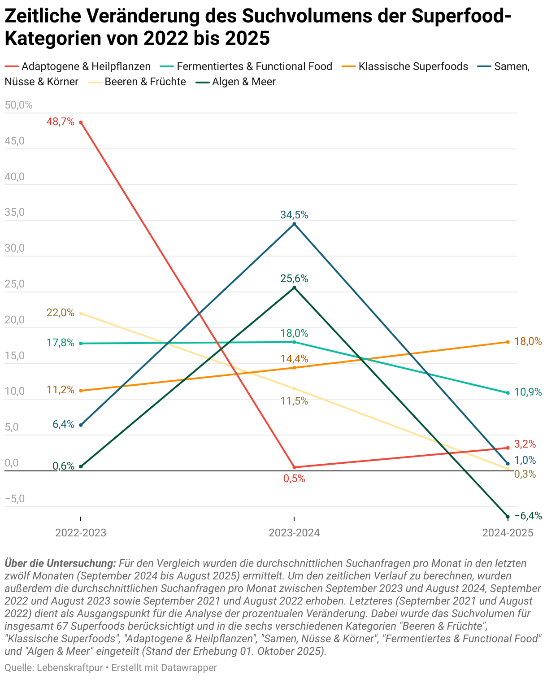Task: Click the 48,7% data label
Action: click(61, 122)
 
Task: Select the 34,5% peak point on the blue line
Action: click(294, 224)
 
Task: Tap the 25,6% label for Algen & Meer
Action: click(294, 279)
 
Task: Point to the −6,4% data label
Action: click(528, 516)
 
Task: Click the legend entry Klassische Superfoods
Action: click(413, 67)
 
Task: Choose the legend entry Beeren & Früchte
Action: click(145, 82)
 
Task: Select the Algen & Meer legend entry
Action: click(243, 82)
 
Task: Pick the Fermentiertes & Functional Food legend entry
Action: click(254, 67)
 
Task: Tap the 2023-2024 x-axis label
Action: click(294, 533)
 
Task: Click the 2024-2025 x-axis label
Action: click(508, 533)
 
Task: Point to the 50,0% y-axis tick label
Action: click(19, 105)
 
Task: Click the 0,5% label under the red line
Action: click(294, 479)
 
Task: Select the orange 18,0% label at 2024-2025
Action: click(528, 341)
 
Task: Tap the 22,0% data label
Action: click(61, 313)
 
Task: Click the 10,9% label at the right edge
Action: click(528, 392)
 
